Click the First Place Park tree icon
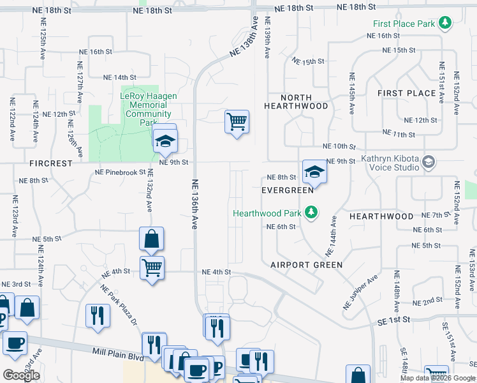445,24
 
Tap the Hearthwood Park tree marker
311,212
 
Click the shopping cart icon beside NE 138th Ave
237,121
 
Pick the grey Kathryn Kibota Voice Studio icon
427,162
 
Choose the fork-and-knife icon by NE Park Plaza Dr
98,316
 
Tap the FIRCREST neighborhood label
51,163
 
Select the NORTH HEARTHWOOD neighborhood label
296,102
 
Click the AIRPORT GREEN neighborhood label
306,264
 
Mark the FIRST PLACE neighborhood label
406,93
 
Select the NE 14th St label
119,77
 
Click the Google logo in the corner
21,375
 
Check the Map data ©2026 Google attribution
437,378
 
